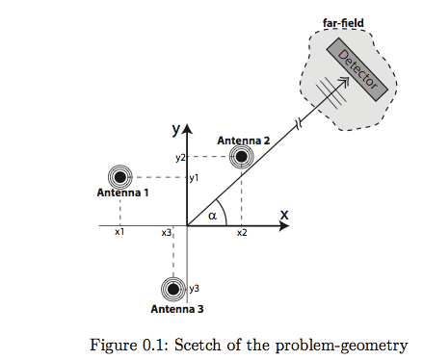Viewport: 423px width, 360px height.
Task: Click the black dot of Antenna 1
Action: coord(120,177)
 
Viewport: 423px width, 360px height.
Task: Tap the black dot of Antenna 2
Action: coord(241,157)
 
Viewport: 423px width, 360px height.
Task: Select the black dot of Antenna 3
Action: coord(173,289)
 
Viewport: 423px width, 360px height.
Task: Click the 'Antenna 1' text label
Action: coord(122,193)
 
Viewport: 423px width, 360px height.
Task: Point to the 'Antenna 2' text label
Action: coord(244,141)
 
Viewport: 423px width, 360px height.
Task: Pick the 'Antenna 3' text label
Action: coord(177,309)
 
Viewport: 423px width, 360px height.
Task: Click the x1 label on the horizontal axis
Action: coord(119,232)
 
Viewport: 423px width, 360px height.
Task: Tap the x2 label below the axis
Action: coord(242,233)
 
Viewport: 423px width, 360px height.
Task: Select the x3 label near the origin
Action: coord(167,233)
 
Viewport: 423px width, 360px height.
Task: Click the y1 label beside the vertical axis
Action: coord(194,178)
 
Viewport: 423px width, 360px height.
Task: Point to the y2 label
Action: coord(180,158)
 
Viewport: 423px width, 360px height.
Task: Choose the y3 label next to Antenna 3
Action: coord(194,289)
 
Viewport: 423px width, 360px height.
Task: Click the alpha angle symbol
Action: coord(212,216)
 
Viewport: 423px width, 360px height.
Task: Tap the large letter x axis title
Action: coord(284,215)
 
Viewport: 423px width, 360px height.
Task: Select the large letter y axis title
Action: coord(176,129)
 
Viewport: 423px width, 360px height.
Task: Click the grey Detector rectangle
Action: coord(357,69)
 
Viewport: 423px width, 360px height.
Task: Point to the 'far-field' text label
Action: coord(343,23)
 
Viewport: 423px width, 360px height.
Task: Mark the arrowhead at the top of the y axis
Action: coord(187,128)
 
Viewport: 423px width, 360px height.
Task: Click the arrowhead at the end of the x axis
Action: coord(283,226)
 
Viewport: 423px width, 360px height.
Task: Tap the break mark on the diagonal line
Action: coord(299,124)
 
